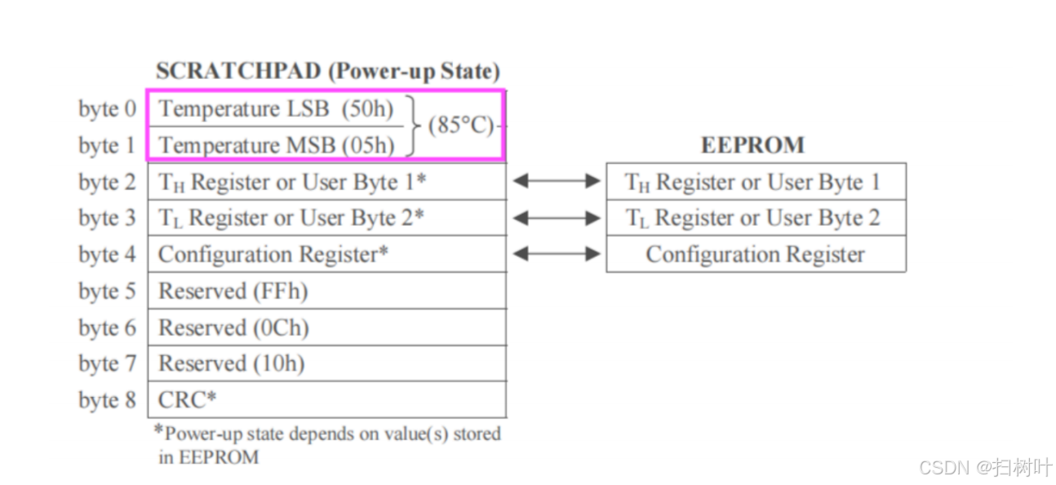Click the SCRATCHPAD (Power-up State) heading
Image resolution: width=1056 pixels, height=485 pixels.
[327, 71]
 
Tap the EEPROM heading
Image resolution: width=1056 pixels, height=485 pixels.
[752, 145]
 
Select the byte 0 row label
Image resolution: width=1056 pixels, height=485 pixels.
[107, 109]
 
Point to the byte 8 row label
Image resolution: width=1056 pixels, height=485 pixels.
[107, 400]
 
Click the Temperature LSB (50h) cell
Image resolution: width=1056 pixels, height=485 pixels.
[276, 108]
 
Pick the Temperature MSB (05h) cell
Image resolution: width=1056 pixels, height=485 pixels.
[276, 145]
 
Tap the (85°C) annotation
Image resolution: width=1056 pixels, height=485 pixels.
[461, 126]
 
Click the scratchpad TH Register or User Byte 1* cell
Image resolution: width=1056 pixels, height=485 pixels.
[291, 182]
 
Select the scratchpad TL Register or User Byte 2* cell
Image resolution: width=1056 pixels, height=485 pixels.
[291, 218]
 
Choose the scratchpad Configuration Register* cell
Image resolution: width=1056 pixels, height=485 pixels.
[273, 254]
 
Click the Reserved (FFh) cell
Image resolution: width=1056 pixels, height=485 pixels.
[233, 291]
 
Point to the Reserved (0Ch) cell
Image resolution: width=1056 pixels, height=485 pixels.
[233, 328]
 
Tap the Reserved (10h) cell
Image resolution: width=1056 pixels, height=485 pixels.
[231, 364]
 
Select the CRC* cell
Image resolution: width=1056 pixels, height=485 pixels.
[188, 400]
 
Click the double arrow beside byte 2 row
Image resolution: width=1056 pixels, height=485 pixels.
[556, 181]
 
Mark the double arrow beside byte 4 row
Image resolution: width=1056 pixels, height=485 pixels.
[556, 254]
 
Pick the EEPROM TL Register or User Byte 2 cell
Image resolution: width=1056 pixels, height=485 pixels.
[752, 218]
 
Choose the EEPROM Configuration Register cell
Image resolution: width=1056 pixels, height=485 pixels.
[755, 254]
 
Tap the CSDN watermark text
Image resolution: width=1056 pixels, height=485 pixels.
[985, 467]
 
